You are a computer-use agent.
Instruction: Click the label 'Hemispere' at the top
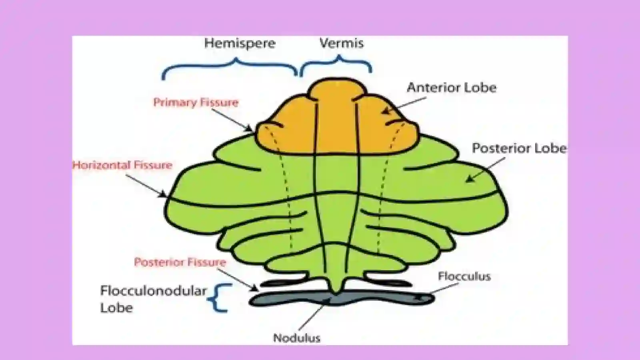(x=240, y=44)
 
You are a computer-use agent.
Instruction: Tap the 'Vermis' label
(x=342, y=43)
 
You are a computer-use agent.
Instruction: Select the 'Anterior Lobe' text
(x=452, y=88)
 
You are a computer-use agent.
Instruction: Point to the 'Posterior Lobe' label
(x=519, y=148)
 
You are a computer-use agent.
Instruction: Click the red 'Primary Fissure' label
(x=196, y=102)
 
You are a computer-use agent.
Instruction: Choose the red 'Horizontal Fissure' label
(x=122, y=165)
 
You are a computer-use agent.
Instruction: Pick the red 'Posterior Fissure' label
(x=180, y=262)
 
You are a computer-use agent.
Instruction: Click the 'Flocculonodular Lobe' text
(x=153, y=299)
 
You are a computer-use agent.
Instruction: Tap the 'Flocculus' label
(x=464, y=276)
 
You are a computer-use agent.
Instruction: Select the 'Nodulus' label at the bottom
(x=297, y=338)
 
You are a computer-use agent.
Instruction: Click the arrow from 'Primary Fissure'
(x=232, y=120)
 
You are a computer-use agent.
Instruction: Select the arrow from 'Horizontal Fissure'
(x=146, y=186)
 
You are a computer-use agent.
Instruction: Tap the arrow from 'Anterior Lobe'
(x=404, y=106)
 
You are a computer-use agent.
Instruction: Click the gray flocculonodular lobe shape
(x=342, y=298)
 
